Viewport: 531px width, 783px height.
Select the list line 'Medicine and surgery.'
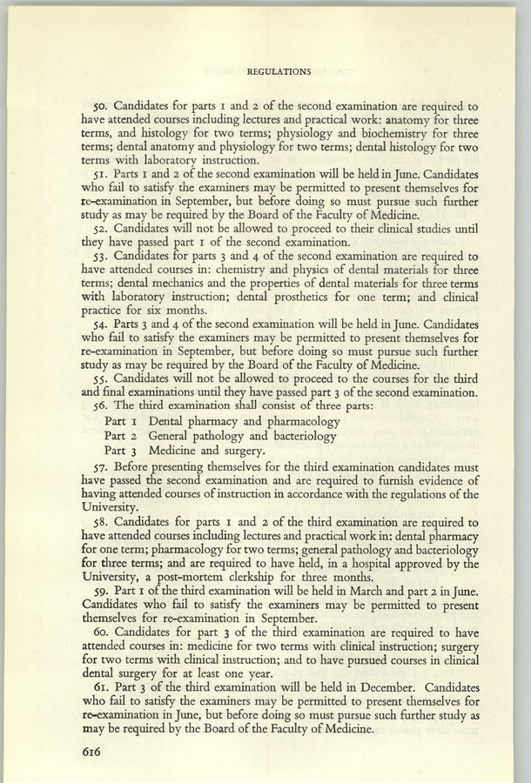[x=207, y=452]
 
